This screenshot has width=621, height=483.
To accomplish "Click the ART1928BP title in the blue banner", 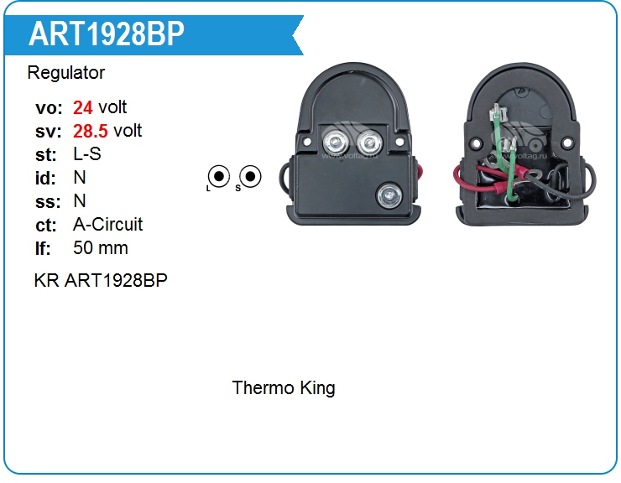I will (x=107, y=34).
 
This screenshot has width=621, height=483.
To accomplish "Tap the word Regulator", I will (x=66, y=73).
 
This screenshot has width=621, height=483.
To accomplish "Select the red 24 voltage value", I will (x=83, y=107).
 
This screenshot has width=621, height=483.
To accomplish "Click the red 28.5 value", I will (x=91, y=131).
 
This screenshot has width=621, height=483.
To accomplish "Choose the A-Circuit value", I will (x=108, y=225).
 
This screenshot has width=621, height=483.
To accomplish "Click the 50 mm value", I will (x=101, y=248).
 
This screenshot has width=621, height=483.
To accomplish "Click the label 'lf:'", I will (x=43, y=248).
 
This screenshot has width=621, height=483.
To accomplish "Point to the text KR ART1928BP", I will (x=101, y=280).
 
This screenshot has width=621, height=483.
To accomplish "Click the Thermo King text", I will (x=284, y=388).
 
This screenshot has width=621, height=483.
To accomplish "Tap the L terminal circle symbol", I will (x=219, y=176).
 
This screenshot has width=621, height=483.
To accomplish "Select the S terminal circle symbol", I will (x=250, y=176).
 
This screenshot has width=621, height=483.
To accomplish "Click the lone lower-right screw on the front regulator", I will (x=389, y=195).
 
